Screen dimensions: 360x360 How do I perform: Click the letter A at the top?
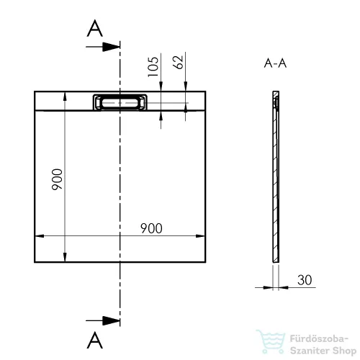tap(95, 28)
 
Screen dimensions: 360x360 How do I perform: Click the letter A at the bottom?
tap(95, 340)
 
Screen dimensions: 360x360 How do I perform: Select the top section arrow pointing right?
tap(103, 47)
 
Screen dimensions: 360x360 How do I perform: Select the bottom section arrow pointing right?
tap(103, 320)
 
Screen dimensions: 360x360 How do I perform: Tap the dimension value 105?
tap(153, 67)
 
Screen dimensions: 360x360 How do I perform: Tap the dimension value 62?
tap(178, 63)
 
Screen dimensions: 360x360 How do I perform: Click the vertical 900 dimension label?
tap(57, 179)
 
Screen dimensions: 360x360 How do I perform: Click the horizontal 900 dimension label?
tap(151, 228)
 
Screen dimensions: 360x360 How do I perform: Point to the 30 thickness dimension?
tap(305, 280)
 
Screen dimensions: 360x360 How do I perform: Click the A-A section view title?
tap(275, 63)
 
